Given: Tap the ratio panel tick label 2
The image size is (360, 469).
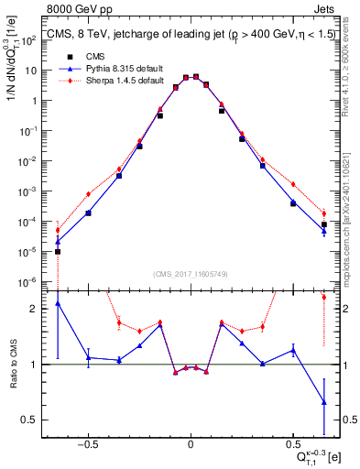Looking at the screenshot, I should [36, 309].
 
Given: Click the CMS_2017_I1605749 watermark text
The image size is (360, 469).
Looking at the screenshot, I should [191, 274].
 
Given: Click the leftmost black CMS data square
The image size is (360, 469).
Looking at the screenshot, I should [58, 251].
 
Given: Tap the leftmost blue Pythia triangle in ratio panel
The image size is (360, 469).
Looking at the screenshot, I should [58, 303].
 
